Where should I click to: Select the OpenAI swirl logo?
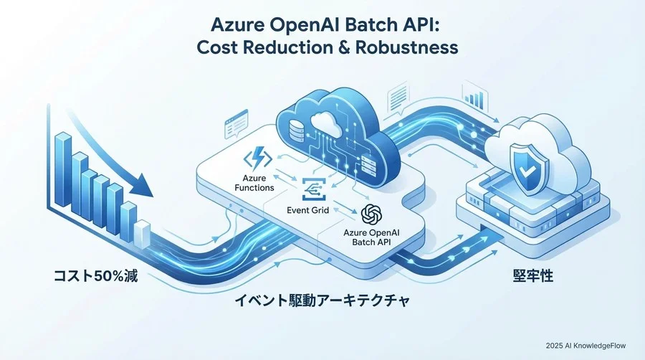coord(372,214)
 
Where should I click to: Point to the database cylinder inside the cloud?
coord(296,130)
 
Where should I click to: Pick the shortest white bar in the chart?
coord(143,234)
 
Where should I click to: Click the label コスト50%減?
coord(96,275)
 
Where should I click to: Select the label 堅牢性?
coord(533,275)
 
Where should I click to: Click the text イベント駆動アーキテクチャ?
coord(322,300)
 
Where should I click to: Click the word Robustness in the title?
coord(406,47)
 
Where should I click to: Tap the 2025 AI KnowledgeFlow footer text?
coord(586,346)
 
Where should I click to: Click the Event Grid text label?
coord(307,210)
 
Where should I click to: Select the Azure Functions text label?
coord(254,183)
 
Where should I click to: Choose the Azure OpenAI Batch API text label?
coord(371,237)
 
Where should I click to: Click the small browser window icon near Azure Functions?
coord(236,124)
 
